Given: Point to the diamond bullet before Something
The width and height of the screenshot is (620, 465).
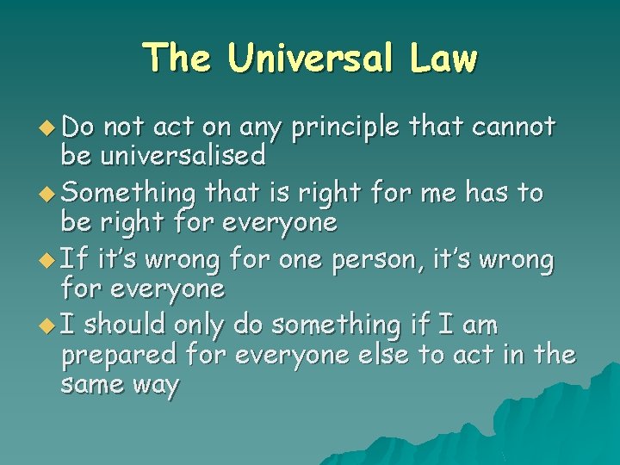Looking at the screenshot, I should (x=48, y=193).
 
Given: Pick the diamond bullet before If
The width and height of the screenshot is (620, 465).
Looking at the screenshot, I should (x=48, y=259).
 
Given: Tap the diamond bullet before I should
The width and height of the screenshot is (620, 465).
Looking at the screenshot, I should (x=48, y=325).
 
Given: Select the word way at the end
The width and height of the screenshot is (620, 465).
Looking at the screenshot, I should (x=158, y=386).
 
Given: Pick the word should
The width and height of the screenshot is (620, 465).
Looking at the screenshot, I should (x=126, y=325).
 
